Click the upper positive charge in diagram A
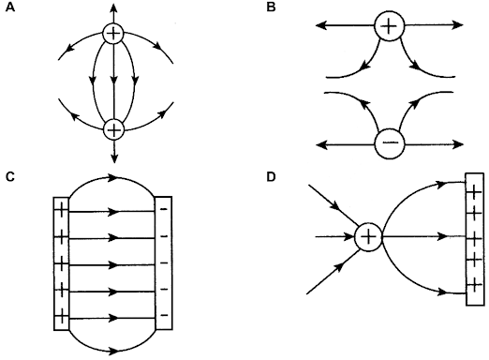pyautogui.click(x=112, y=36)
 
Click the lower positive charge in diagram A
pyautogui.click(x=112, y=129)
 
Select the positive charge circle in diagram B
pyautogui.click(x=389, y=25)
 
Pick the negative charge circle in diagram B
pyautogui.click(x=389, y=143)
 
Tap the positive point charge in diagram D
pyautogui.click(x=368, y=237)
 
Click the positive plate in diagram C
pyautogui.click(x=63, y=261)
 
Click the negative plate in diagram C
pyautogui.click(x=163, y=261)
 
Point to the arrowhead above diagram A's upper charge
pyautogui.click(x=112, y=7)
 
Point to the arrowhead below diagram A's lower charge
pyautogui.click(x=112, y=157)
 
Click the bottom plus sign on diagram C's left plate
pyautogui.click(x=63, y=314)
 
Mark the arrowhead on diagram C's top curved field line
pyautogui.click(x=113, y=176)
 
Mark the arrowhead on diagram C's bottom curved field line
pyautogui.click(x=113, y=351)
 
